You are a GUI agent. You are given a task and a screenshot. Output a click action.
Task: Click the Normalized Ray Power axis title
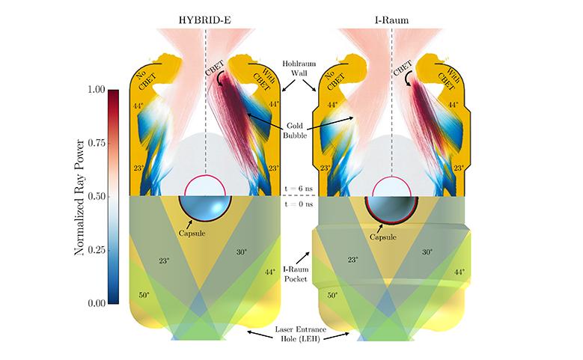point(78,197)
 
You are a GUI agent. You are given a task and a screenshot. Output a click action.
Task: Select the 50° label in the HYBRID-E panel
point(145,296)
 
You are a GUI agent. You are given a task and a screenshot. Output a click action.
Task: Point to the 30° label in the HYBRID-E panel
point(241,252)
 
